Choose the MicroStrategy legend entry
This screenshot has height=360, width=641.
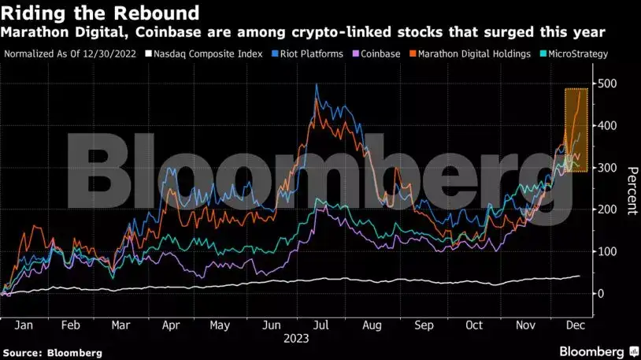[574, 54]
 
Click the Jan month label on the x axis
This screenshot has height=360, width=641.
[23, 325]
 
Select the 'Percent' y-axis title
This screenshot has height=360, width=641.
[631, 190]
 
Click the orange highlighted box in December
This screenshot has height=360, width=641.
[576, 131]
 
